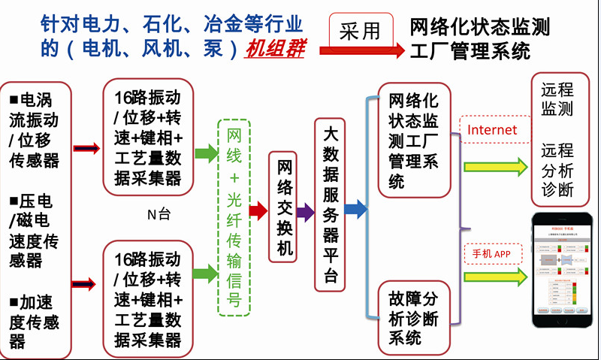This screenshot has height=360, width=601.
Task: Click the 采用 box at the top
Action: [361, 30]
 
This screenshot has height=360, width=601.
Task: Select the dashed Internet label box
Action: [492, 129]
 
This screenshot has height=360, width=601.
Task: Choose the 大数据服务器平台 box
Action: [331, 204]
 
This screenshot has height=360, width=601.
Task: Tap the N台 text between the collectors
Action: [159, 214]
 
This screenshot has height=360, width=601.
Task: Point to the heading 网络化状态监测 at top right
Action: [480, 28]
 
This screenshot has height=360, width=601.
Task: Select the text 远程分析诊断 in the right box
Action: [557, 169]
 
